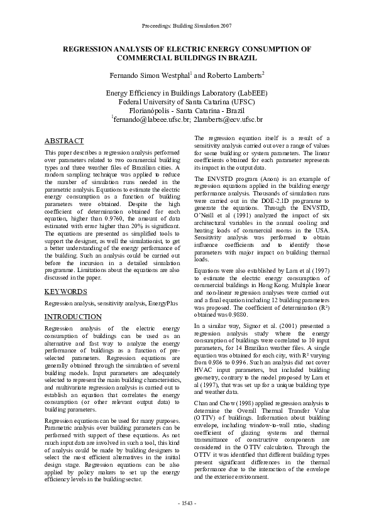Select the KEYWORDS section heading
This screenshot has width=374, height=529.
point(66,292)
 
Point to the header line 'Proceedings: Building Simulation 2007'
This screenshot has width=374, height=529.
point(187,26)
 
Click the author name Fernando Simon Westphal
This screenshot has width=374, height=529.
point(149,75)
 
